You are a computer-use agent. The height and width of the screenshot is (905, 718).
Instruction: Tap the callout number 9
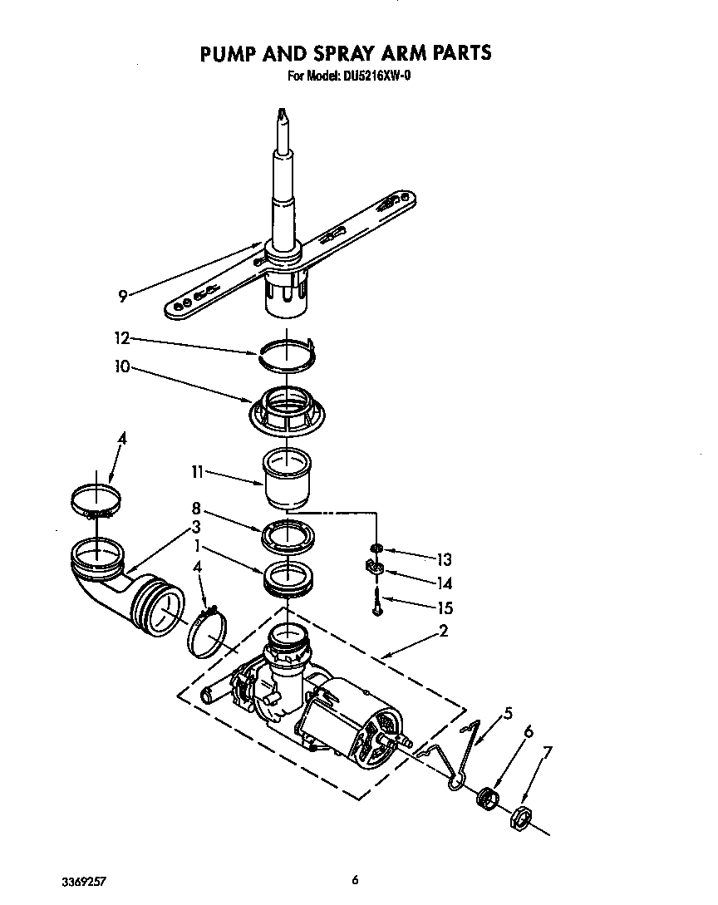(122, 294)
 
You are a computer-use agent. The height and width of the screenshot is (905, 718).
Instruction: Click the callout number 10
(122, 366)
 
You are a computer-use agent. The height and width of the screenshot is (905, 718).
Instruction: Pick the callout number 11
(197, 471)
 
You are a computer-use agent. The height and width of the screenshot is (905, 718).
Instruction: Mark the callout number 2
(444, 632)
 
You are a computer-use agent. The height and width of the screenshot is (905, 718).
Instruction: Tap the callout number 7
(546, 754)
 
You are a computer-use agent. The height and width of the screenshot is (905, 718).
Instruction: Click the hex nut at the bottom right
(518, 816)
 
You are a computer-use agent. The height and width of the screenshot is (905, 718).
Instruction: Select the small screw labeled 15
(377, 601)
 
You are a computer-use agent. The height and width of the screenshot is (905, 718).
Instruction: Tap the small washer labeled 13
(377, 549)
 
